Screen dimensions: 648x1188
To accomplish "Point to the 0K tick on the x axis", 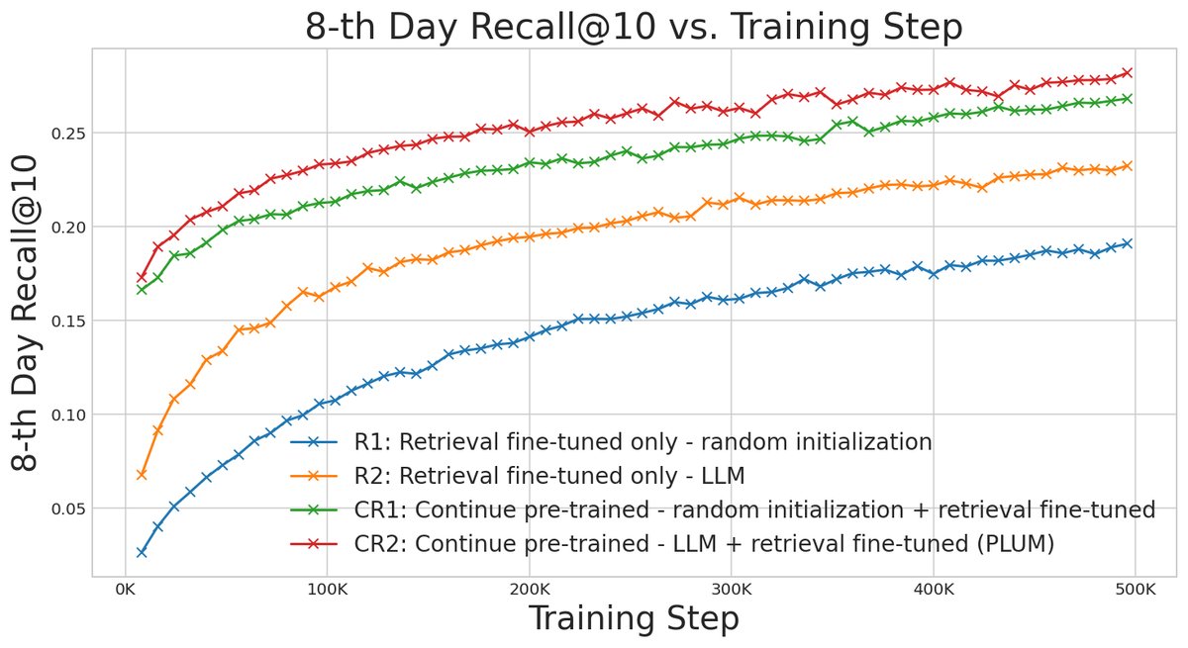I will pyautogui.click(x=126, y=590).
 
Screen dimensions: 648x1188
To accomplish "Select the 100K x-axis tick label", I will pyautogui.click(x=328, y=590).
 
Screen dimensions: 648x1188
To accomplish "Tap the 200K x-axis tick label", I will pyautogui.click(x=530, y=590).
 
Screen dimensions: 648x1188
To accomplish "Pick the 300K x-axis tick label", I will pyautogui.click(x=732, y=590).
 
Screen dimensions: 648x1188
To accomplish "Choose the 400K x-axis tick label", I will pyautogui.click(x=934, y=590).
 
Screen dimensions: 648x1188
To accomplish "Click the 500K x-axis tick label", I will pyautogui.click(x=1136, y=590).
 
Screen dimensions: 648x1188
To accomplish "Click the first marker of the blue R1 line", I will pyautogui.click(x=142, y=552).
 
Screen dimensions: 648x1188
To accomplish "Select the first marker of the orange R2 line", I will pyautogui.click(x=142, y=475).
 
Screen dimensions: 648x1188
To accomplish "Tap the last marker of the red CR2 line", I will pyautogui.click(x=1127, y=72).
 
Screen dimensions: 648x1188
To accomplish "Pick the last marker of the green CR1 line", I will pyautogui.click(x=1127, y=98).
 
